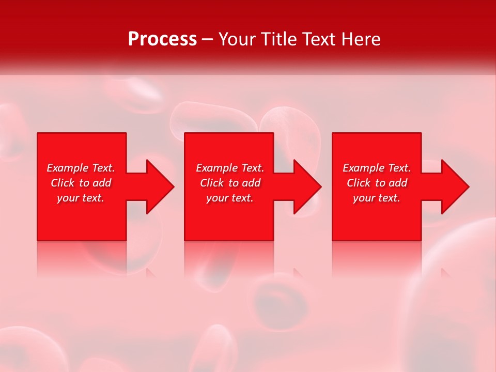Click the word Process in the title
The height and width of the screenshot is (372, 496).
pyautogui.click(x=162, y=39)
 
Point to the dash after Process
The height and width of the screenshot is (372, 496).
pyautogui.click(x=208, y=40)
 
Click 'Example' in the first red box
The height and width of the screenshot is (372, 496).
pyautogui.click(x=68, y=168)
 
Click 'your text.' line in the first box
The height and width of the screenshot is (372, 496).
pyautogui.click(x=81, y=198)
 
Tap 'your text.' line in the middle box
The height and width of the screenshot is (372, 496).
pyautogui.click(x=230, y=198)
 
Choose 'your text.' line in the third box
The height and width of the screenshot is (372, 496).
pyautogui.click(x=377, y=198)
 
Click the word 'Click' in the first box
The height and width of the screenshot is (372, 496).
pyautogui.click(x=63, y=183)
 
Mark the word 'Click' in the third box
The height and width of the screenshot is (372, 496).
pyautogui.click(x=359, y=183)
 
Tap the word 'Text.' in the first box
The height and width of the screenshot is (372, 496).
pyautogui.click(x=103, y=168)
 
